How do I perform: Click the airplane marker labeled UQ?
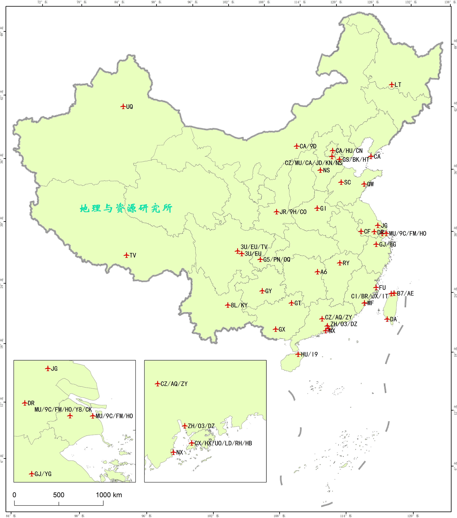123,106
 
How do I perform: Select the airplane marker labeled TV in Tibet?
126,255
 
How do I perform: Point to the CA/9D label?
308,146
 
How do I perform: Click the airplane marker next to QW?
364,184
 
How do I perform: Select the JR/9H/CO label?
293,212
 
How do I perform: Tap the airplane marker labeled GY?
262,291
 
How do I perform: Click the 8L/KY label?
239,305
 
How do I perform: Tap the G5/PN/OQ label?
277,259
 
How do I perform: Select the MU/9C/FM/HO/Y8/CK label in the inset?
63,410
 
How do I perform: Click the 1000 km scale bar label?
109,495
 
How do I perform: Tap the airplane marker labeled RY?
340,263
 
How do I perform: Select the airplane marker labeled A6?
317,272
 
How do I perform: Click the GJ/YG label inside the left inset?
43,474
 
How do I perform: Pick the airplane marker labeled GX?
276,329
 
